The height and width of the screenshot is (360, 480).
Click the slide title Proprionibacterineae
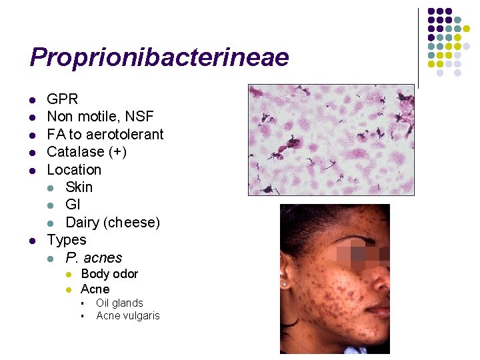coord(159,57)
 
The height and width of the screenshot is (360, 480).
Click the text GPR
coord(63,99)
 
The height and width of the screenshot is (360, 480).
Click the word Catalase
coord(73,152)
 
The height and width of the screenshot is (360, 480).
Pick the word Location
coord(74,170)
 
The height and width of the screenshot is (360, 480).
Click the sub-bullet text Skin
coord(79,187)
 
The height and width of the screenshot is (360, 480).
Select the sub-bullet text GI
coord(73,205)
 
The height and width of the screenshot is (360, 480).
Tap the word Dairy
coord(83,223)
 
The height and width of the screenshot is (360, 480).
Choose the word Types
coord(67,240)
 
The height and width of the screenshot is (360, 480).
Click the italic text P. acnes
coord(94,258)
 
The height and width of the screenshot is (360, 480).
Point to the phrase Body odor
coord(109,274)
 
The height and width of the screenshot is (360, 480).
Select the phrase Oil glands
coord(119,303)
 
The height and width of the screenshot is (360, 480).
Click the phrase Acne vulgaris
coord(128,316)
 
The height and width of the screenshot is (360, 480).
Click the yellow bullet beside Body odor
coord(68,275)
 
